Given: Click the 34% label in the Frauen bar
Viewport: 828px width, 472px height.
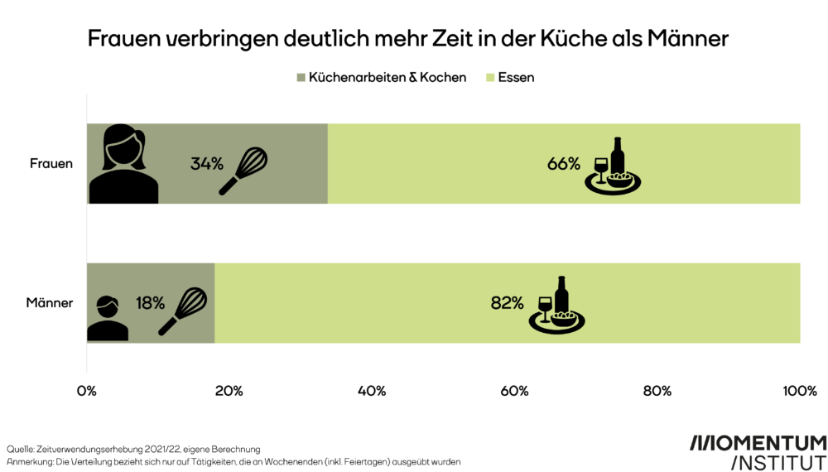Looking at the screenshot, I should (x=207, y=163).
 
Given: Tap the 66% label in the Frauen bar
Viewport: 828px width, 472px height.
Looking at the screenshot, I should (x=563, y=163).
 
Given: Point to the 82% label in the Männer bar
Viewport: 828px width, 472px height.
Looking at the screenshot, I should (x=507, y=303).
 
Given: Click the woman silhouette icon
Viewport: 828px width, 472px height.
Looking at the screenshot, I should (x=123, y=163).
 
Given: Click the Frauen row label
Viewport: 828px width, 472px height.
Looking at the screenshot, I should (x=51, y=163).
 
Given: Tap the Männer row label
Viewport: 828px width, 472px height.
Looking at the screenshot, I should (x=50, y=303).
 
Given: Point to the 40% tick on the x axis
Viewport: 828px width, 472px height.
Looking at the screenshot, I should (x=372, y=391).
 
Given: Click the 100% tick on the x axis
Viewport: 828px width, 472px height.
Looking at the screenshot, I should (x=799, y=391).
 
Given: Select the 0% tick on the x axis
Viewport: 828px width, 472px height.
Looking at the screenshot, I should (x=87, y=391).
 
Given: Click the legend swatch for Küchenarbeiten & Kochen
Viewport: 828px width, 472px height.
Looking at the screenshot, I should (x=301, y=78).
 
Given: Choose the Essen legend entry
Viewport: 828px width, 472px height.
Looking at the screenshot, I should (x=514, y=78).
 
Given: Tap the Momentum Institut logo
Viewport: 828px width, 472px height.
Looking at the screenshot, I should (x=758, y=451).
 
